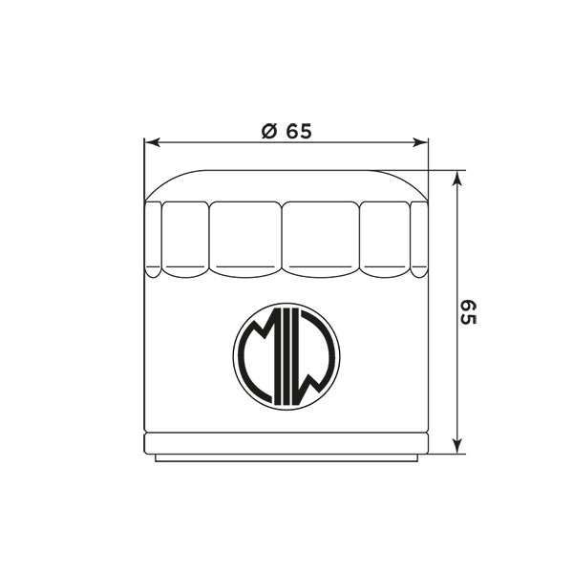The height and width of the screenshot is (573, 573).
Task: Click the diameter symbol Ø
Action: click(269, 132)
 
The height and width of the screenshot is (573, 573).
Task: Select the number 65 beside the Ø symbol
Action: click(299, 132)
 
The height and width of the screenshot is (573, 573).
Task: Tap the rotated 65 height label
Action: click(468, 312)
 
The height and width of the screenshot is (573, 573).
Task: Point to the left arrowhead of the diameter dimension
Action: click(153, 142)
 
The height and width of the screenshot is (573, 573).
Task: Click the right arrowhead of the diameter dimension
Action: click(420, 142)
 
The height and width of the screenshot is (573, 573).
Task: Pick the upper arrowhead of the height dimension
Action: click(456, 179)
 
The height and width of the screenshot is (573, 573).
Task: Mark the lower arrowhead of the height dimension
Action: click(456, 446)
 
